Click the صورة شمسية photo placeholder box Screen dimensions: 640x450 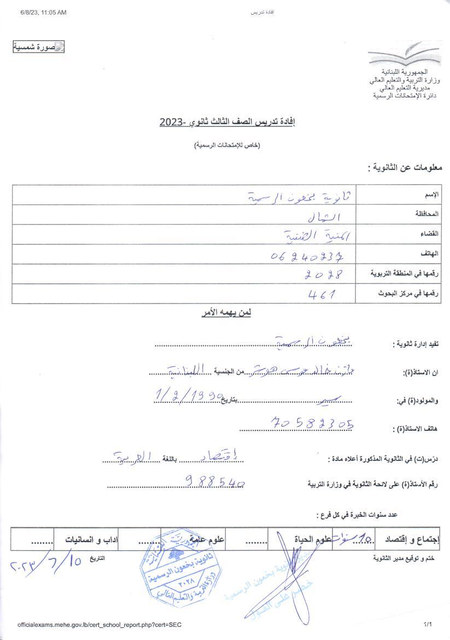[39, 47]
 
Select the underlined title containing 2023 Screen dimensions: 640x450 [227, 122]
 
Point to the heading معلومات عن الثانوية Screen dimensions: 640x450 [405, 168]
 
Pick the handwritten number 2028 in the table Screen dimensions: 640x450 [324, 274]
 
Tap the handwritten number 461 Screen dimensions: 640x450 [322, 294]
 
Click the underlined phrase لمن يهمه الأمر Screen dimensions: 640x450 [226, 313]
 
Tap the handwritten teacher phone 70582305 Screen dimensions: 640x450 [312, 423]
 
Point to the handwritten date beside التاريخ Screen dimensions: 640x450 [46, 563]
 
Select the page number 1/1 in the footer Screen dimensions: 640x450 [428, 624]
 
